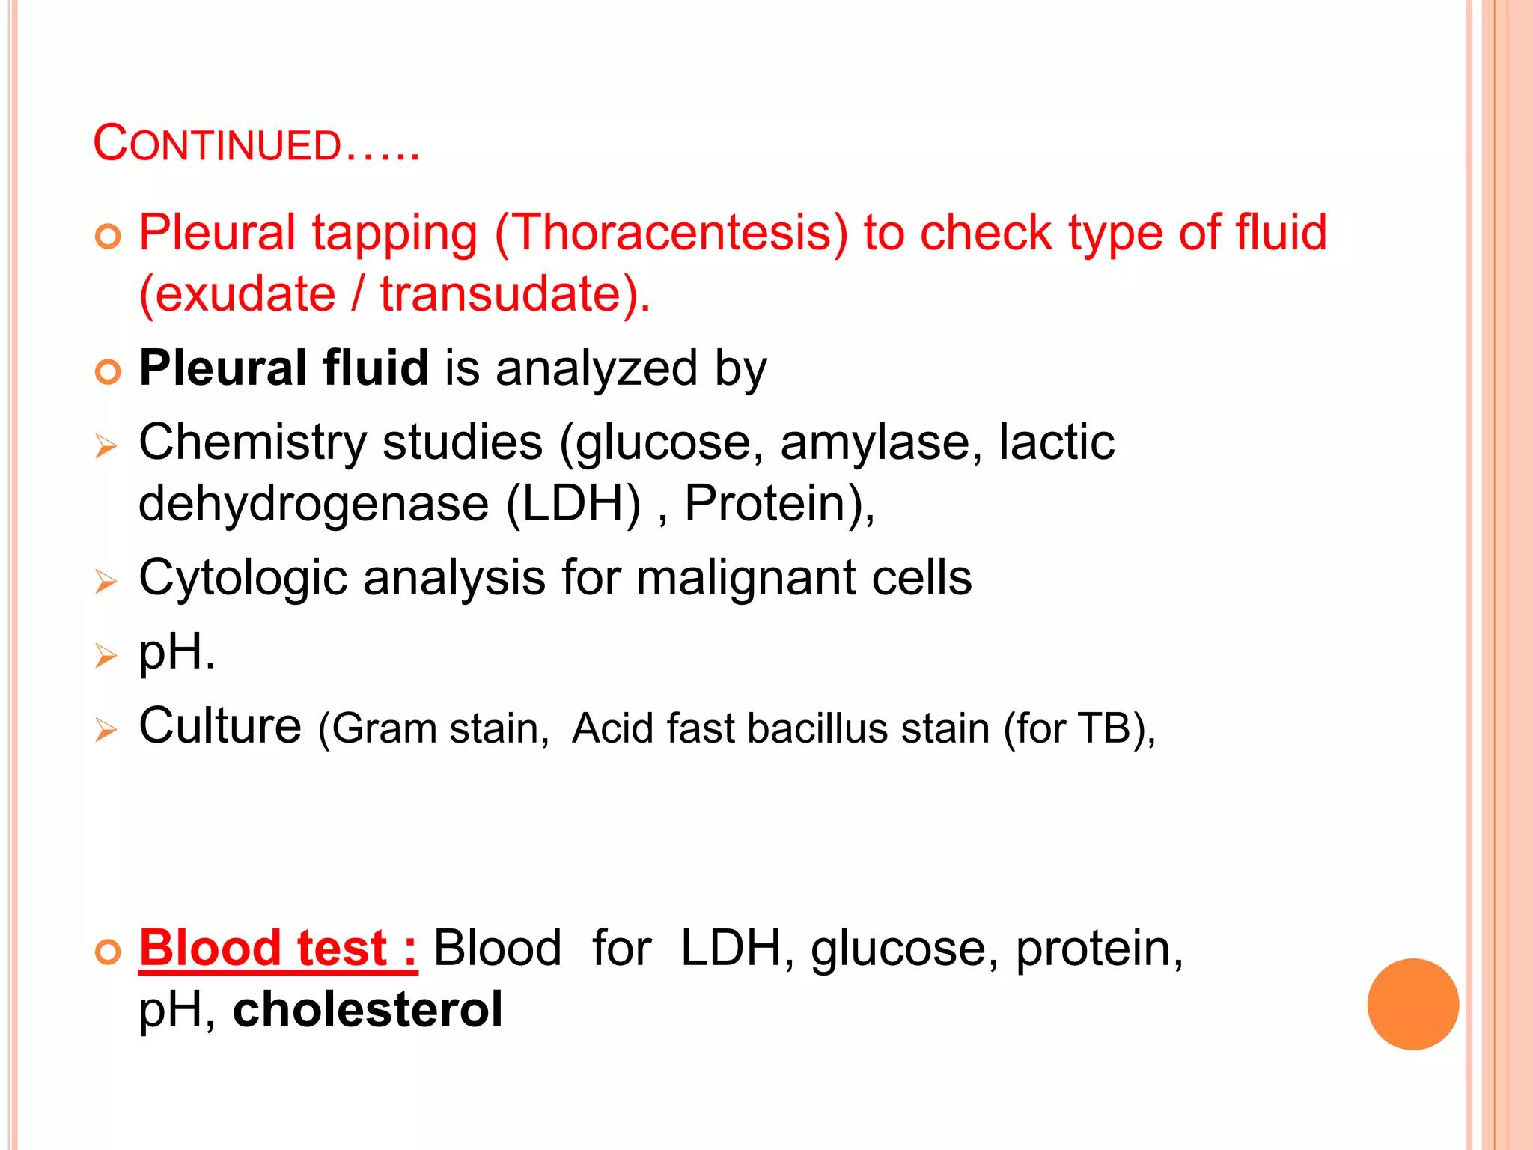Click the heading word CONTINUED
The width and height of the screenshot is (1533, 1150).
[x=217, y=144]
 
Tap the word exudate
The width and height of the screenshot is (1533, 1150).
[x=246, y=293]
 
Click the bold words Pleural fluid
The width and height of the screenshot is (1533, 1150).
[x=284, y=368]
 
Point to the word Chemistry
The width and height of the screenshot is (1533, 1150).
[x=252, y=442]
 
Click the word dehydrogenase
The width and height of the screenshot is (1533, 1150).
[x=314, y=503]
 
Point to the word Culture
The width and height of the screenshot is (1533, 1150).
[x=220, y=725]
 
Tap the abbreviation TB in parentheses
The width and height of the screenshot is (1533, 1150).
[x=1103, y=728]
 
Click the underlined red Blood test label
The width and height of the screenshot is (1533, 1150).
[x=278, y=949]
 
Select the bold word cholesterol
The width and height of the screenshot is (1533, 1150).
[x=368, y=1009]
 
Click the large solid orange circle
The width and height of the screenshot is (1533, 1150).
[x=1412, y=1004]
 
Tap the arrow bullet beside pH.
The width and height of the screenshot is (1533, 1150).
[x=106, y=656]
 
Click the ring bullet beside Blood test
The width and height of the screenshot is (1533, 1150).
[x=109, y=953]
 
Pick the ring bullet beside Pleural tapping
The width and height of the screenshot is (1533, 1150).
[x=109, y=237]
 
